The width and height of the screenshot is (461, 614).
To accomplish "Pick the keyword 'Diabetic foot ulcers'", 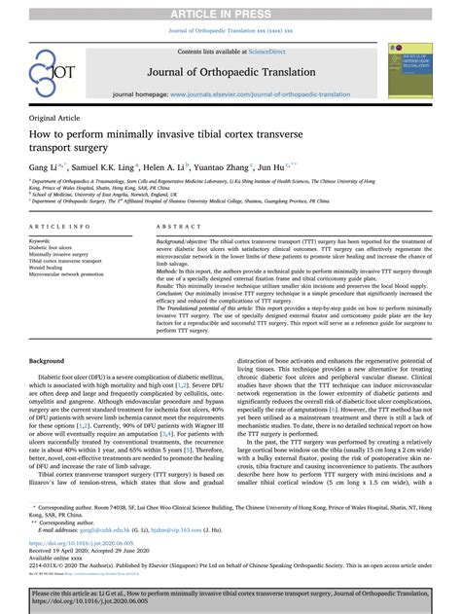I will (x=54, y=247).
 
